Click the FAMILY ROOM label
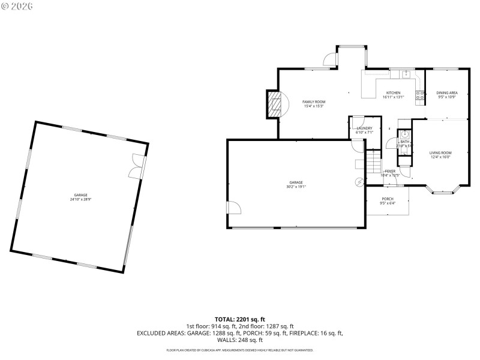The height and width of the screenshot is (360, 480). (313, 102)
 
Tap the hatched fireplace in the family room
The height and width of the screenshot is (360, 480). (274, 106)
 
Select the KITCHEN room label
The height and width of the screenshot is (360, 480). (393, 93)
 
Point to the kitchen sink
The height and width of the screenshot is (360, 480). (406, 74)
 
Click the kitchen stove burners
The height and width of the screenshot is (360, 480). (422, 93)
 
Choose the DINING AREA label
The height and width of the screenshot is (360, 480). (447, 92)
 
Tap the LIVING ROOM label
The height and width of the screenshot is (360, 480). (440, 153)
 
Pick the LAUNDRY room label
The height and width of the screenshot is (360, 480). (364, 128)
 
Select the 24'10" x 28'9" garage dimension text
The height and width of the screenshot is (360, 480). (81, 199)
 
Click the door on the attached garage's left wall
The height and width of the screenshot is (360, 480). (233, 208)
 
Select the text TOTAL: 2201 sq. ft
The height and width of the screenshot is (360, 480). (239, 319)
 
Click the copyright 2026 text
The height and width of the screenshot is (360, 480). (17, 6)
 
